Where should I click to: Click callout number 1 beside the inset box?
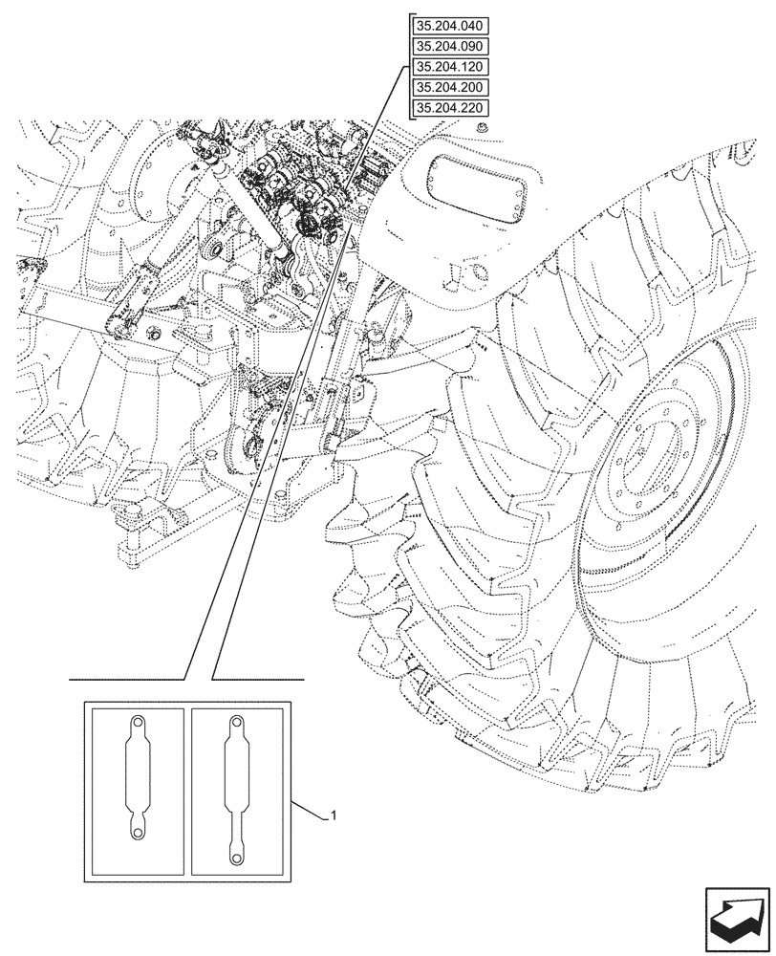(332, 815)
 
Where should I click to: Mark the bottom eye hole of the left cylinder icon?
(138, 835)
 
